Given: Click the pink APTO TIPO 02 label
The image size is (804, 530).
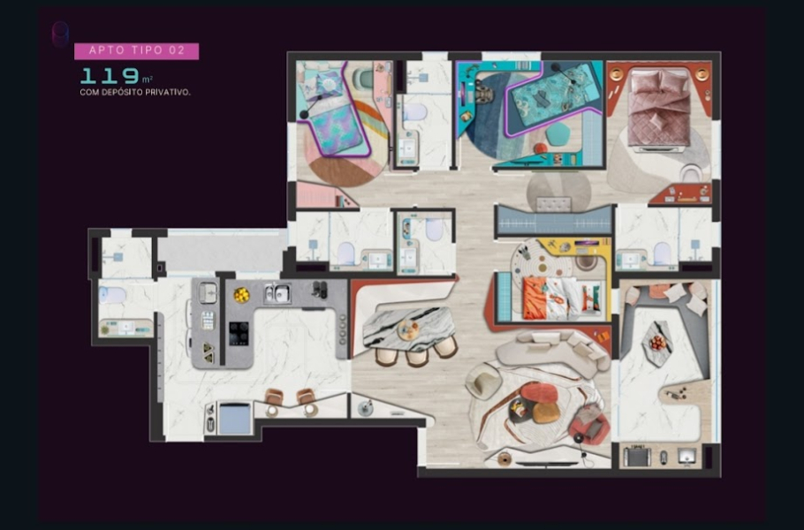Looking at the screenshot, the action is tap(136, 50).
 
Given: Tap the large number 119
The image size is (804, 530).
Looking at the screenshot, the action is tap(110, 76).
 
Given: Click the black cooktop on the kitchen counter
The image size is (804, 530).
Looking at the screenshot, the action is tap(239, 334).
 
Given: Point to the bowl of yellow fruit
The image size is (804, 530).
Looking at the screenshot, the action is tap(241, 295).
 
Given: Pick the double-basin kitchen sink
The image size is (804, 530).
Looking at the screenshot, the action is tap(277, 293).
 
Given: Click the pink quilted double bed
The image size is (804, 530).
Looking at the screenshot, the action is tap(659, 110).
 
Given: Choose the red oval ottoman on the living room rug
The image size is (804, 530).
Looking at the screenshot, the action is tap(539, 392).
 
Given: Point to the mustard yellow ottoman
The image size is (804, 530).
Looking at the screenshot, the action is tap(546, 413).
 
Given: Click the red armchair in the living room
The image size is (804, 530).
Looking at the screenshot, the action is tap(589, 423).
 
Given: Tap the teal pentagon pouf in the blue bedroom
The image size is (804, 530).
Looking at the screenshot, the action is tap(557, 134).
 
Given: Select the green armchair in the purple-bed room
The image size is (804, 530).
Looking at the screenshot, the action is tap(363, 78).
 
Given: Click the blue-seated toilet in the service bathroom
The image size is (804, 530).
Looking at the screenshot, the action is tap(112, 295).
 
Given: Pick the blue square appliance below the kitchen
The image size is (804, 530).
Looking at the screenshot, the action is tap(235, 418).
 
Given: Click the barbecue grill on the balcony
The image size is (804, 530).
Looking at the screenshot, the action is tap(637, 456).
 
